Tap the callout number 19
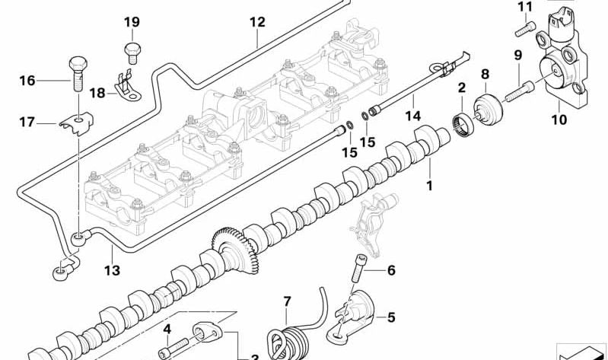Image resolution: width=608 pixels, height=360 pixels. click(x=132, y=23)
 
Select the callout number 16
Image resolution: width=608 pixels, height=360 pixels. click(x=27, y=81)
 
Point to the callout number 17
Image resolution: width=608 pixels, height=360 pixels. click(x=27, y=121)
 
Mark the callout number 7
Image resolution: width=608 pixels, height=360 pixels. click(x=287, y=302)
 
